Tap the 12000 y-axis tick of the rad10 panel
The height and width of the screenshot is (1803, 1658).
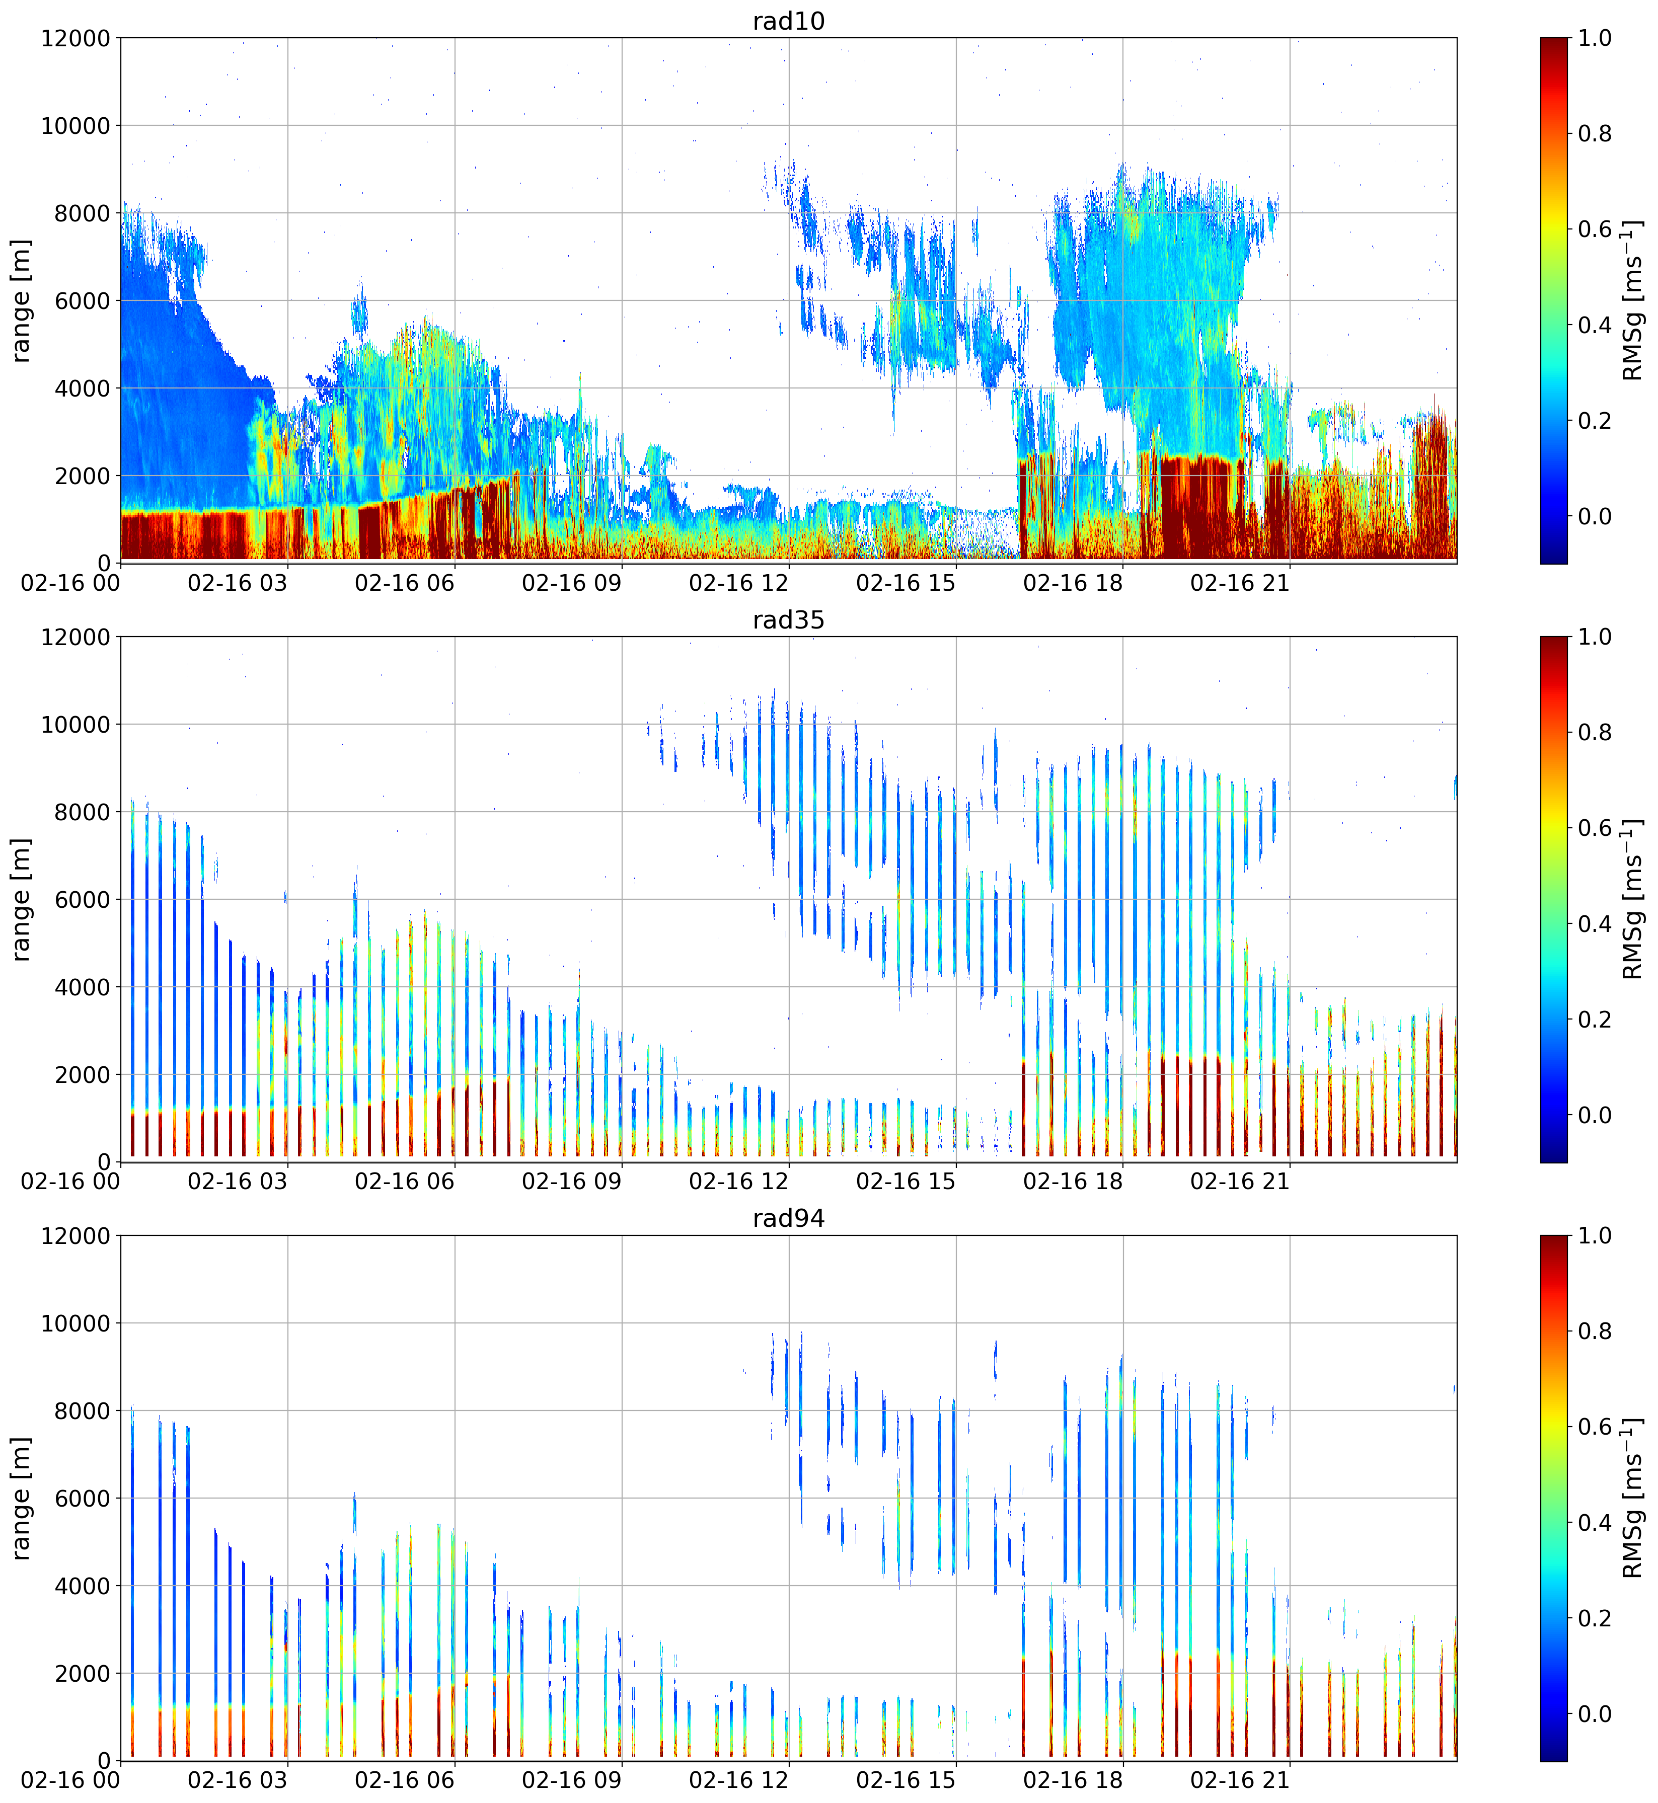tap(76, 39)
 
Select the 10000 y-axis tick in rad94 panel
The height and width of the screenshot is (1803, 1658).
tap(76, 1323)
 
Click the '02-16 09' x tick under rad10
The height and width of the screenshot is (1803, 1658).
tap(571, 583)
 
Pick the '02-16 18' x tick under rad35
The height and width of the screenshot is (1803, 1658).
tap(1073, 1182)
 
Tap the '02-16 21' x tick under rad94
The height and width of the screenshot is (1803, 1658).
tap(1240, 1780)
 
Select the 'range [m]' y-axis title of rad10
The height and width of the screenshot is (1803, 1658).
tap(21, 300)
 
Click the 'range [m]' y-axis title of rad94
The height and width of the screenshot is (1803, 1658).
tap(21, 1498)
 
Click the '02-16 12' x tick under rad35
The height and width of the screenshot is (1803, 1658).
tap(738, 1182)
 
